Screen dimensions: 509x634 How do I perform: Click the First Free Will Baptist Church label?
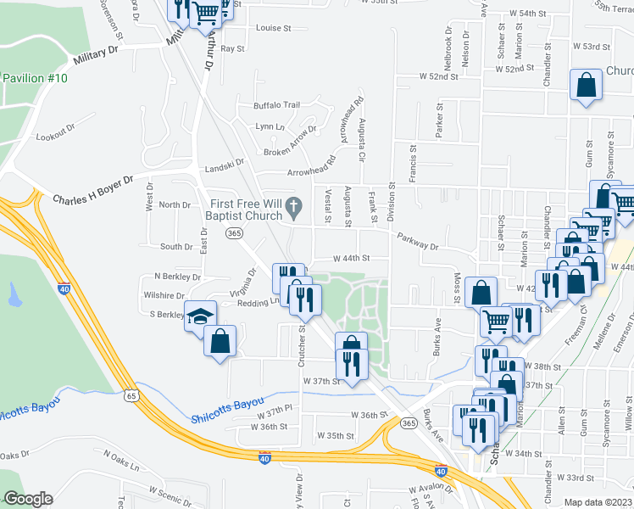coord(246,209)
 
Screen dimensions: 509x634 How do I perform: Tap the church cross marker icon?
coord(293,204)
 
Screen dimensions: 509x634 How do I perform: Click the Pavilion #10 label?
coord(35,78)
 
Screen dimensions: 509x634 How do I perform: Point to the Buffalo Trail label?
coord(277,105)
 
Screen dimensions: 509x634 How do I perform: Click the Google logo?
coord(28,499)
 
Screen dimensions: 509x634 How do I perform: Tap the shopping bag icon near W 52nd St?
coord(587,87)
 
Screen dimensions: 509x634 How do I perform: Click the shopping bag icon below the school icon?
coord(220,342)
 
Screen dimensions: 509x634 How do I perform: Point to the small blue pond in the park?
coord(14,294)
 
